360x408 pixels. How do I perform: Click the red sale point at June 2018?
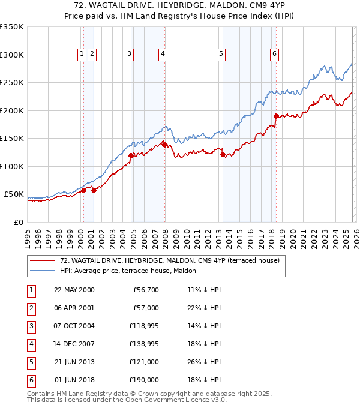pyautogui.click(x=275, y=116)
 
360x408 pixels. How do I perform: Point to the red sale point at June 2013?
pyautogui.click(x=223, y=154)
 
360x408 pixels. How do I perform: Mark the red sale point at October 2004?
pyautogui.click(x=131, y=155)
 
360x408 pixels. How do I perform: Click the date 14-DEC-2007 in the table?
pyautogui.click(x=74, y=344)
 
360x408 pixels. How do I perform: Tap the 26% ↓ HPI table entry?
pyautogui.click(x=203, y=362)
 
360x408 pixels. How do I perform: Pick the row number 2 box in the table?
pyautogui.click(x=31, y=308)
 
